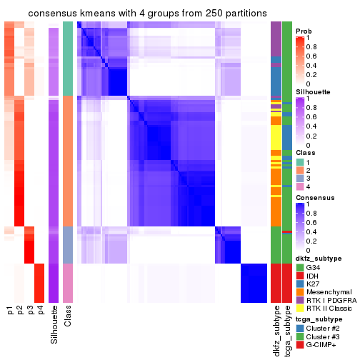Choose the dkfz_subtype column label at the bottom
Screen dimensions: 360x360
tap(276, 330)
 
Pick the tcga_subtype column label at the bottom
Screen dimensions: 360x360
tap(287, 329)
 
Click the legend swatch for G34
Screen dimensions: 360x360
tap(300, 268)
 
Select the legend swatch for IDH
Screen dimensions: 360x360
tap(300, 277)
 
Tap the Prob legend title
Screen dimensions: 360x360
tap(304, 31)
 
